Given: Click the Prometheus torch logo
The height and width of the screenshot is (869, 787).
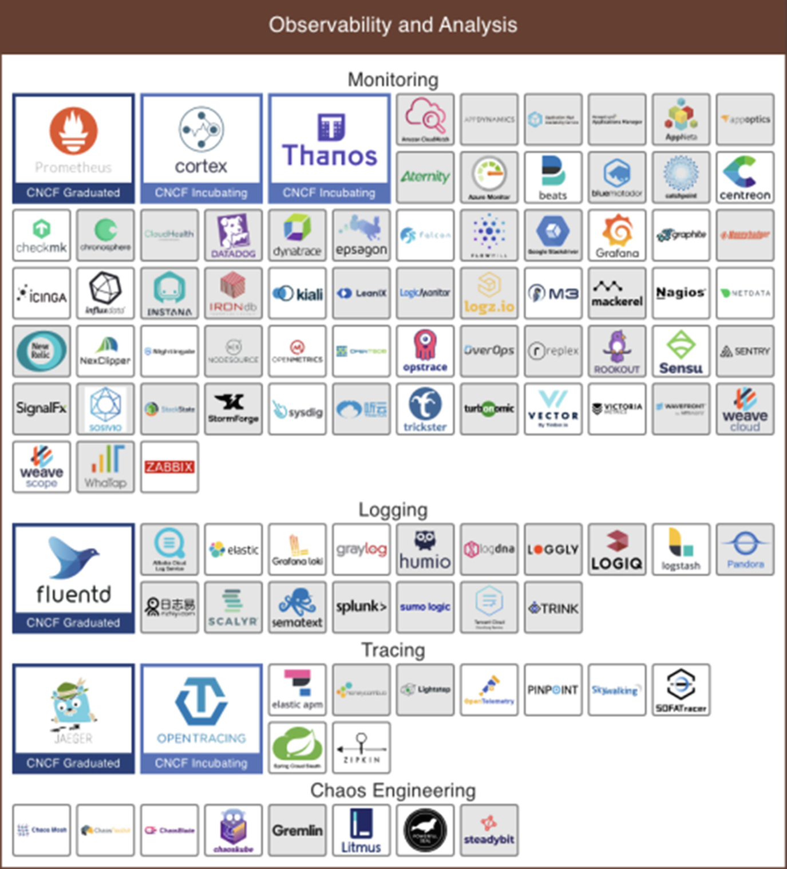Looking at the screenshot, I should coord(73,131).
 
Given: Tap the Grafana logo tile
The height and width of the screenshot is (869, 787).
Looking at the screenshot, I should coord(617,235).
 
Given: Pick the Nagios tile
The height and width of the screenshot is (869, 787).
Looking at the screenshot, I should coord(681,293).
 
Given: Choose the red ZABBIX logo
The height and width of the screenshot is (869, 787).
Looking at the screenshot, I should coord(169,467).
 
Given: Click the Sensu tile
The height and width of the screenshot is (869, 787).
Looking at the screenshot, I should coord(681,351).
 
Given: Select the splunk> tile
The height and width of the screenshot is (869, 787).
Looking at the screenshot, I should coord(361,607).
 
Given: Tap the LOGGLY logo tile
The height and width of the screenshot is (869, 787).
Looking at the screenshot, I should coord(553,550).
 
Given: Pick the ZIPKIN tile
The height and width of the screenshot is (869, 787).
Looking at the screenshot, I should coord(361,748).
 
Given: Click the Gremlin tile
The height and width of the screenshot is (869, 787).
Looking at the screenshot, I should coord(297,830).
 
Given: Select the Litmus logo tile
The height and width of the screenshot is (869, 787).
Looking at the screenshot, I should coord(361,830).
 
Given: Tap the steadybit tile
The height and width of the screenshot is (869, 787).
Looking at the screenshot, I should coord(489,830).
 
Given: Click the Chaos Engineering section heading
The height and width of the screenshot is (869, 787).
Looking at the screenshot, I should coord(393,791).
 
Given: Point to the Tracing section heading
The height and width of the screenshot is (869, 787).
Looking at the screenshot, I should coord(393,650).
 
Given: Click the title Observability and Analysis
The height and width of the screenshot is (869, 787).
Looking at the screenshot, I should coord(393,25).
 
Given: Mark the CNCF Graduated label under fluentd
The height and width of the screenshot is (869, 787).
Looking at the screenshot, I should coord(73,623).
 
